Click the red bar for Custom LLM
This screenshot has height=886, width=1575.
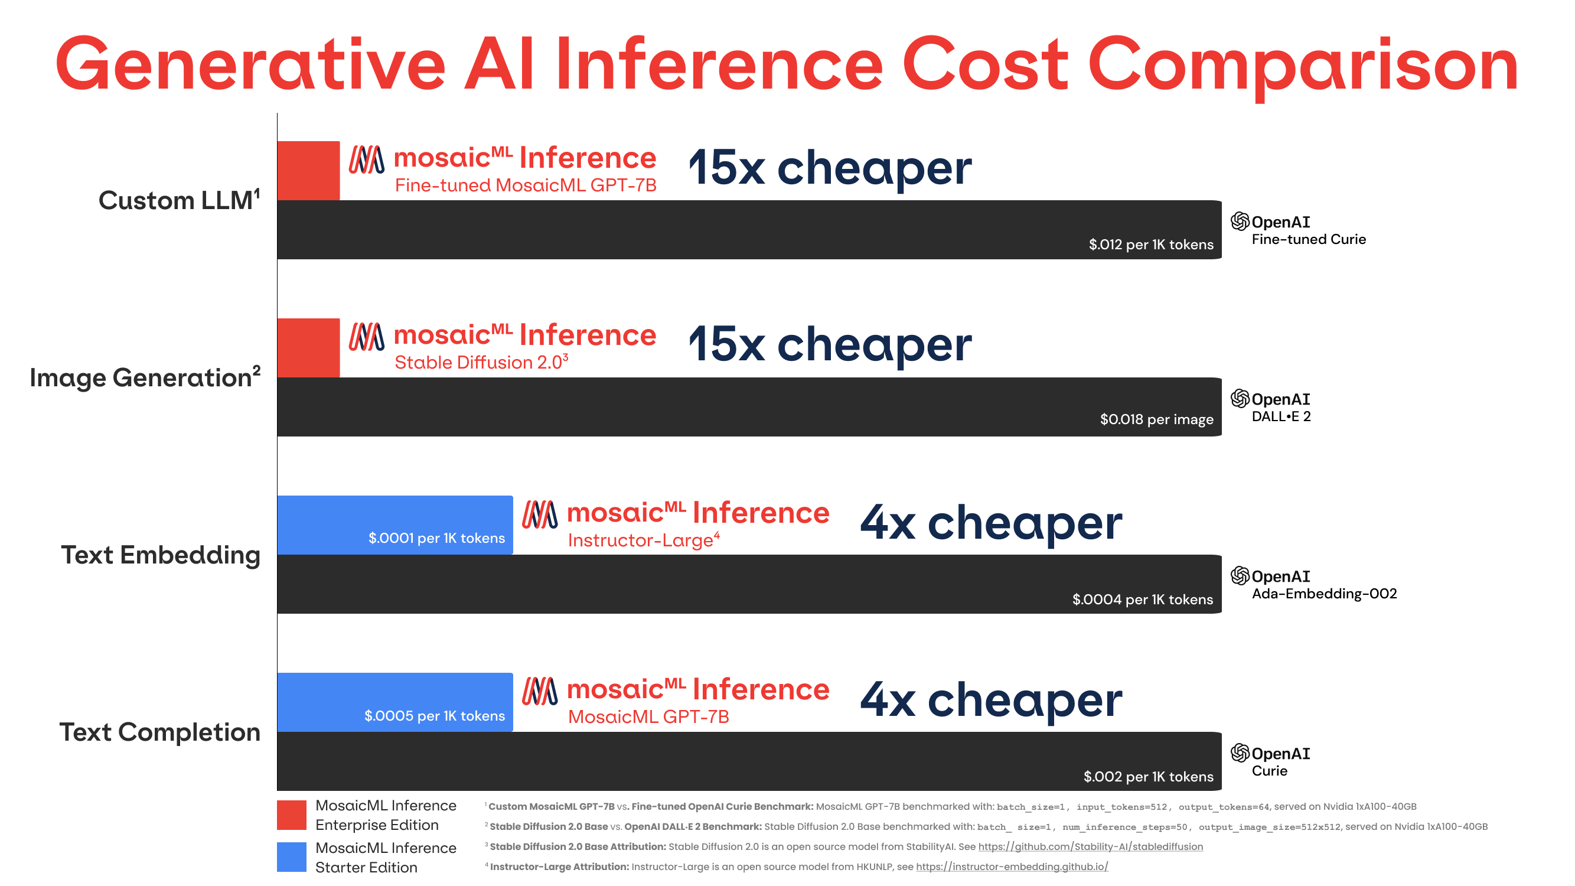tap(308, 171)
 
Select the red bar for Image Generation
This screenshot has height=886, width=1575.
tap(308, 348)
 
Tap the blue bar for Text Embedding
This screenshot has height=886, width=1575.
tap(394, 525)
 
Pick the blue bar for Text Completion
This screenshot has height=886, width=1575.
tap(394, 702)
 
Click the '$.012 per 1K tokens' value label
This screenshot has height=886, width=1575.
tap(1150, 245)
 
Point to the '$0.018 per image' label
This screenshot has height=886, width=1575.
tap(1156, 419)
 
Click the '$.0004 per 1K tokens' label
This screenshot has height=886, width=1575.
tap(1142, 599)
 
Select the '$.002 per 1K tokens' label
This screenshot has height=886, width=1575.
tap(1147, 777)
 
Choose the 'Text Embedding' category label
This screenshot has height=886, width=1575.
tap(160, 555)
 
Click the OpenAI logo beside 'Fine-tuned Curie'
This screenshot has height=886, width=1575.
tap(1240, 221)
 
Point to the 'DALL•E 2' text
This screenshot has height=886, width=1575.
tap(1281, 417)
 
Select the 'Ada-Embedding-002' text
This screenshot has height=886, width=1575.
tap(1323, 594)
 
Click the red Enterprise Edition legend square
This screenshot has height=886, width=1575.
tap(292, 815)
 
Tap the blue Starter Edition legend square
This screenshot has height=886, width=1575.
tap(292, 856)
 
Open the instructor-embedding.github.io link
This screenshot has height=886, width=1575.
tap(1011, 867)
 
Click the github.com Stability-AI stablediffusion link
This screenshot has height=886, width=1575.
tap(1090, 846)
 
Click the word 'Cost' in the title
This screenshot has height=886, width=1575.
tap(984, 65)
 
